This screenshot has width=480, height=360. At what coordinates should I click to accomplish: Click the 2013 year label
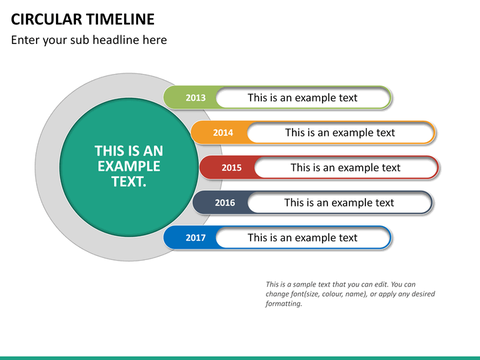tap(195, 98)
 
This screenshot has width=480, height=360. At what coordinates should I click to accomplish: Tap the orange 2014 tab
tap(223, 133)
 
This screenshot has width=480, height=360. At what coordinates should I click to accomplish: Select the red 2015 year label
tap(231, 168)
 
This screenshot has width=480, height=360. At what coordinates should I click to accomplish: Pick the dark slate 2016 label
tap(225, 203)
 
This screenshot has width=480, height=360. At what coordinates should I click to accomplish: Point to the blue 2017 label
tap(195, 238)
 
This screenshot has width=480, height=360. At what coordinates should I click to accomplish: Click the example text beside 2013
tap(302, 98)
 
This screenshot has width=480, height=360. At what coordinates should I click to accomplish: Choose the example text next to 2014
tap(340, 133)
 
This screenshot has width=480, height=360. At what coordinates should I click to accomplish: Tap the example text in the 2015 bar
tap(345, 168)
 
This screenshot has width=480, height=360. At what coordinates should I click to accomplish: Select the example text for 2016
tap(339, 203)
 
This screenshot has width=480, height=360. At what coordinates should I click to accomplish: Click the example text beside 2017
tap(302, 238)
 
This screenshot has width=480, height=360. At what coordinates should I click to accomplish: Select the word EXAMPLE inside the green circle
tap(129, 166)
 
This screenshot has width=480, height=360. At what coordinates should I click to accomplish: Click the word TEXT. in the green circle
tap(129, 181)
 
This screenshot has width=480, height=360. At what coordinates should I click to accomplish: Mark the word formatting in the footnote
tap(284, 303)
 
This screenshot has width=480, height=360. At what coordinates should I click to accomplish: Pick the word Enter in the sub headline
tap(25, 40)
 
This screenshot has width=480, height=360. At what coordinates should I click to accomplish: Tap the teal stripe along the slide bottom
tap(240, 357)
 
